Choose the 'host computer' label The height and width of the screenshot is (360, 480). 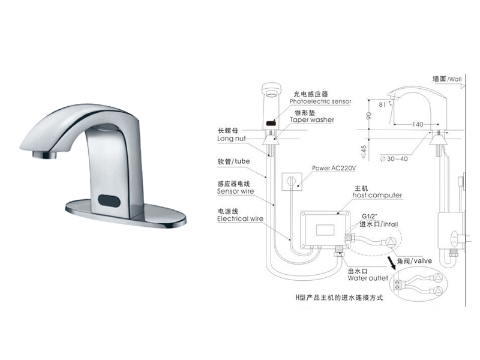tap(376, 196)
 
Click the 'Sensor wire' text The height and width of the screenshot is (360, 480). tap(235, 191)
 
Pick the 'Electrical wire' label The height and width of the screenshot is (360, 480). tap(240, 220)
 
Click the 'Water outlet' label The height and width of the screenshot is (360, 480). tap(365, 278)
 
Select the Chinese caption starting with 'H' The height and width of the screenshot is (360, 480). tap(338, 297)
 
